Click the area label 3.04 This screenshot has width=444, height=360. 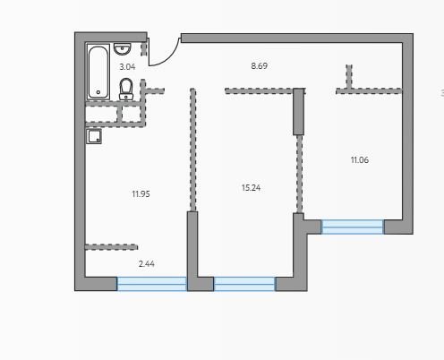click(x=127, y=67)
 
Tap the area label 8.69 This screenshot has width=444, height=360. click(x=260, y=66)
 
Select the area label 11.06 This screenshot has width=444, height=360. click(x=360, y=160)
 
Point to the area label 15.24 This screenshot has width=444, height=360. click(x=251, y=188)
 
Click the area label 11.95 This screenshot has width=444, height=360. click(x=141, y=194)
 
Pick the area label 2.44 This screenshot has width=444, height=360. click(x=147, y=264)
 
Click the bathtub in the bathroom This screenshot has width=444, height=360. click(x=98, y=72)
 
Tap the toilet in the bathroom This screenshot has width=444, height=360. click(x=126, y=89)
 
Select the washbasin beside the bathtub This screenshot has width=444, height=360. click(x=122, y=49)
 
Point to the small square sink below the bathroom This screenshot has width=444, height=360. click(x=94, y=136)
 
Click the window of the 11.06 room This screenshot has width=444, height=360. click(x=353, y=227)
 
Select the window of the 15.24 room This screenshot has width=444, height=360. click(x=244, y=284)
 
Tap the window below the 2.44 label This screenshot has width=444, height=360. click(x=152, y=284)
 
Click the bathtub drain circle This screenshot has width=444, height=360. click(x=98, y=92)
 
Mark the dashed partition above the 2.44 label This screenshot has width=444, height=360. click(x=111, y=247)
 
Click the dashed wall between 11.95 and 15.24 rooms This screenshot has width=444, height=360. click(x=192, y=150)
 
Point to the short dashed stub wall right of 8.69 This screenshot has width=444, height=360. click(x=349, y=77)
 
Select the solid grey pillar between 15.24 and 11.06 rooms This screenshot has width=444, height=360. click(x=298, y=112)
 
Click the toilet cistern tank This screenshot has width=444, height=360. click(x=126, y=97)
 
